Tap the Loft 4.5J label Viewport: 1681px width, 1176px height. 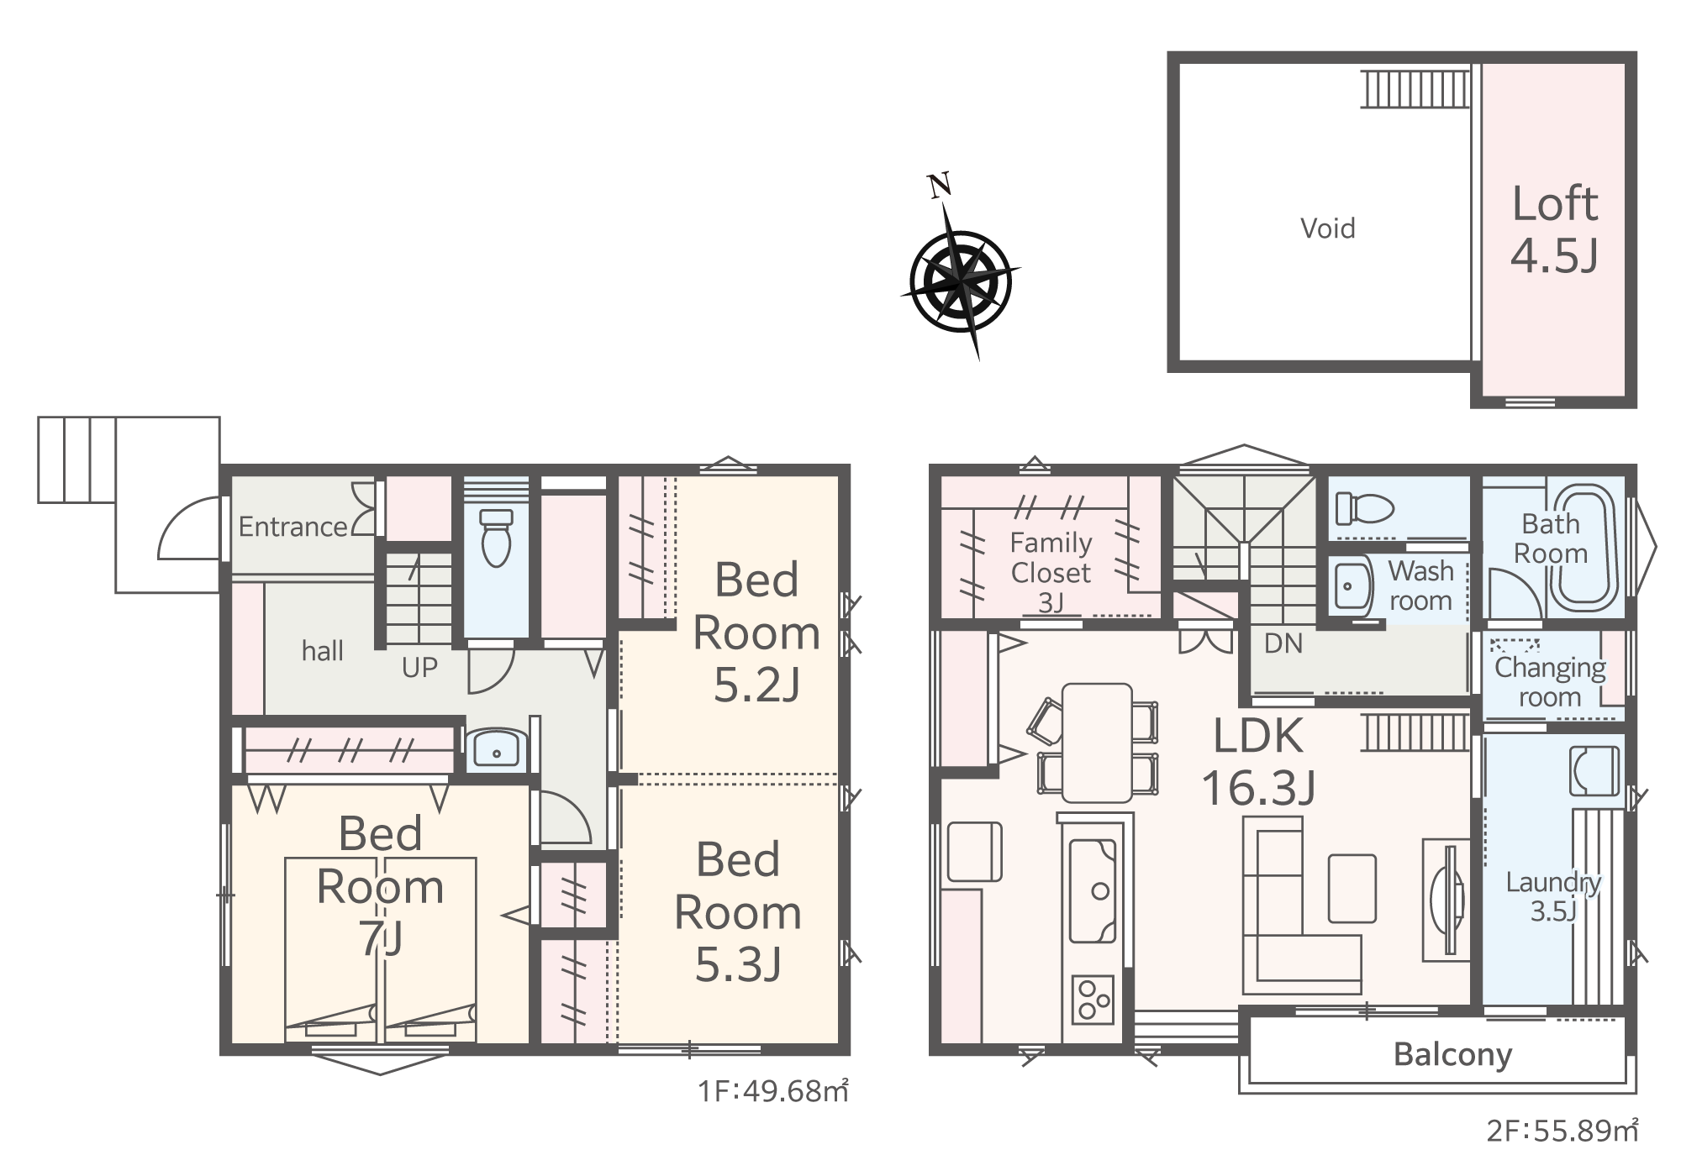(1555, 228)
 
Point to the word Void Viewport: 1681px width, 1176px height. (1328, 228)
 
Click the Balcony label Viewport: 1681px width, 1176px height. (1453, 1054)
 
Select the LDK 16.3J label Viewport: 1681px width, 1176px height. (1258, 761)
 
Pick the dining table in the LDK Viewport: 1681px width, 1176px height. (1097, 743)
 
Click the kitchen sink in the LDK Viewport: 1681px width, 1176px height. (1092, 890)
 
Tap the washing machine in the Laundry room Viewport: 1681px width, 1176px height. (1594, 770)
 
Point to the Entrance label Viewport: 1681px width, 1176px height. (292, 527)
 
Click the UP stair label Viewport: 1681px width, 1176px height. (419, 668)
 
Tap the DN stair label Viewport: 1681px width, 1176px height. (1283, 643)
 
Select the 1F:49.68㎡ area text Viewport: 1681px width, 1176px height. (772, 1091)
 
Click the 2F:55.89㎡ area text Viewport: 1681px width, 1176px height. (1562, 1131)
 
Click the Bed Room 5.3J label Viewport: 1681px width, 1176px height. (738, 912)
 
